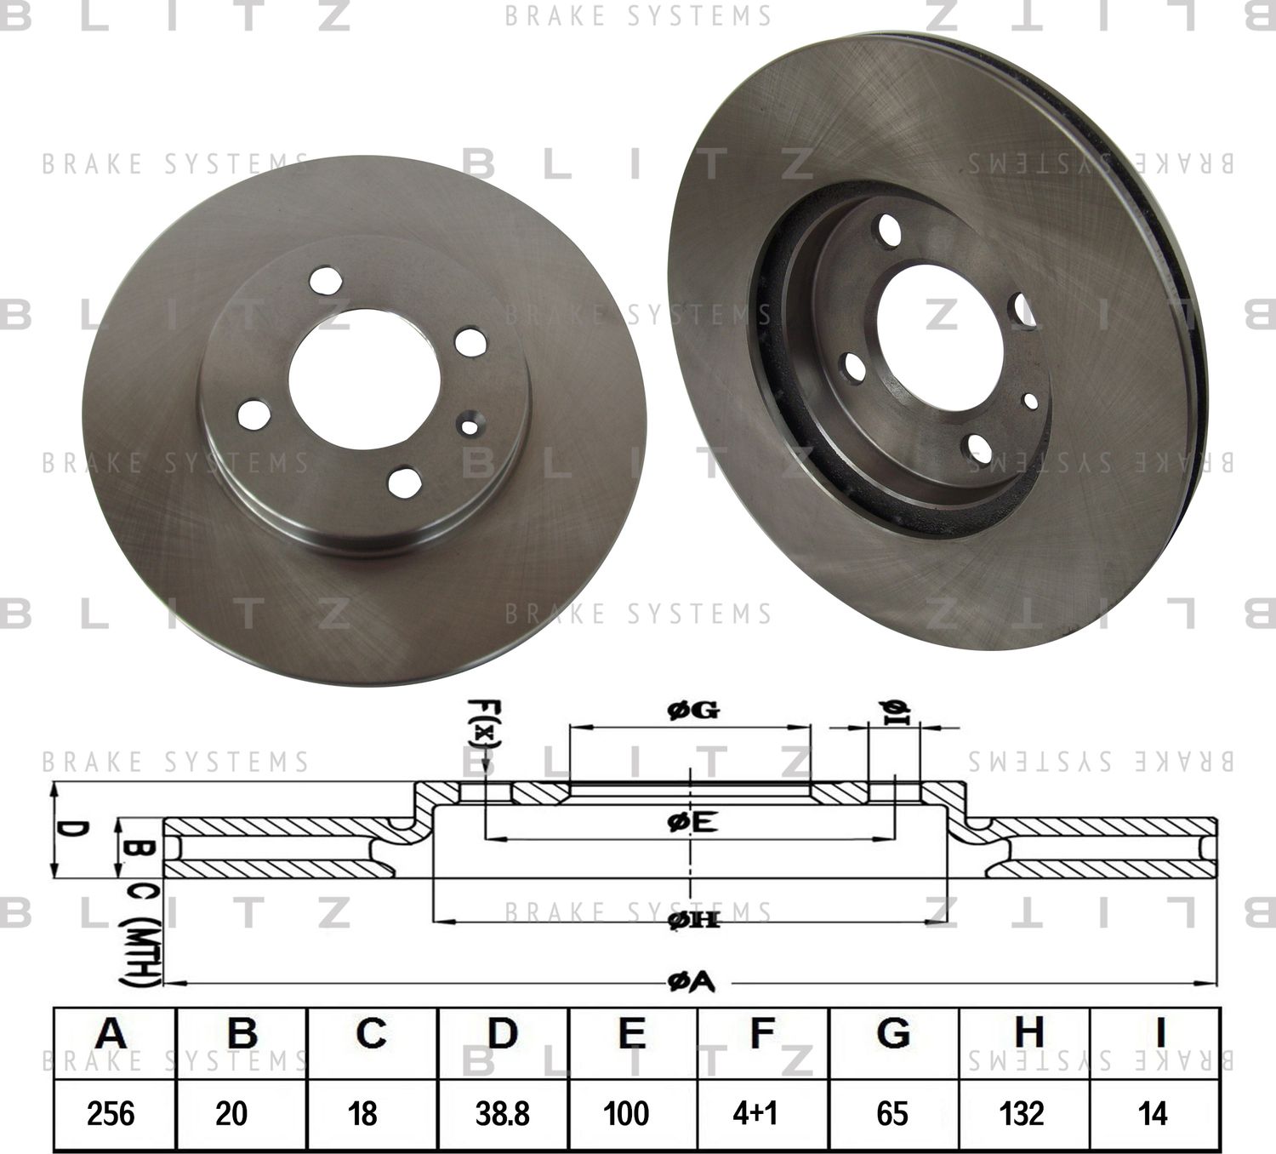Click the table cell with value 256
click(111, 1112)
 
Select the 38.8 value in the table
click(503, 1112)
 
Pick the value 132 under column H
click(1022, 1112)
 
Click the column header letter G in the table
click(891, 1033)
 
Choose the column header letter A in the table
click(111, 1033)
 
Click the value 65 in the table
click(891, 1112)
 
